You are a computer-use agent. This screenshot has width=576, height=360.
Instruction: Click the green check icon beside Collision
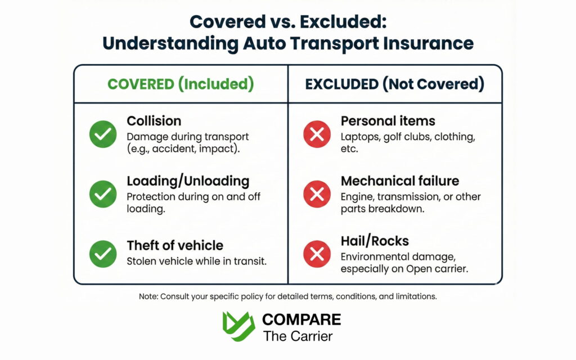[103, 134]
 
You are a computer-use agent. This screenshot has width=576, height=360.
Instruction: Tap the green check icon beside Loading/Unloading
[103, 195]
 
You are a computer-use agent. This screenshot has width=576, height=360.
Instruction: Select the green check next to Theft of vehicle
[103, 254]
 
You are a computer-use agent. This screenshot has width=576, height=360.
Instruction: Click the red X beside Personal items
[317, 134]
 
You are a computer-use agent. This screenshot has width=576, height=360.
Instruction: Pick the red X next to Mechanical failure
[317, 195]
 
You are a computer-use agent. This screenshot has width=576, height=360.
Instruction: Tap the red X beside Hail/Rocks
[317, 254]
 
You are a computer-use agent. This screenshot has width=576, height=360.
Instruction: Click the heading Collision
[154, 121]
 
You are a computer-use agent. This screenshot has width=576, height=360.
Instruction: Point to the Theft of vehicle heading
[174, 245]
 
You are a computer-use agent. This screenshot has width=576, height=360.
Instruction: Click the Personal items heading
[388, 121]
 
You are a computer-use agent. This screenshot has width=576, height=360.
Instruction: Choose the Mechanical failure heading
[399, 181]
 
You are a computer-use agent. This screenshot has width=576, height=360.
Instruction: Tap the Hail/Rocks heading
[374, 241]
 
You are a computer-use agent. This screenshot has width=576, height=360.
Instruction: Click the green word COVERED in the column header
[141, 84]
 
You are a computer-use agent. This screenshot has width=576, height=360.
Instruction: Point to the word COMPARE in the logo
[301, 319]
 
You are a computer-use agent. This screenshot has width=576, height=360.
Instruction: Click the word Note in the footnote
[149, 296]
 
